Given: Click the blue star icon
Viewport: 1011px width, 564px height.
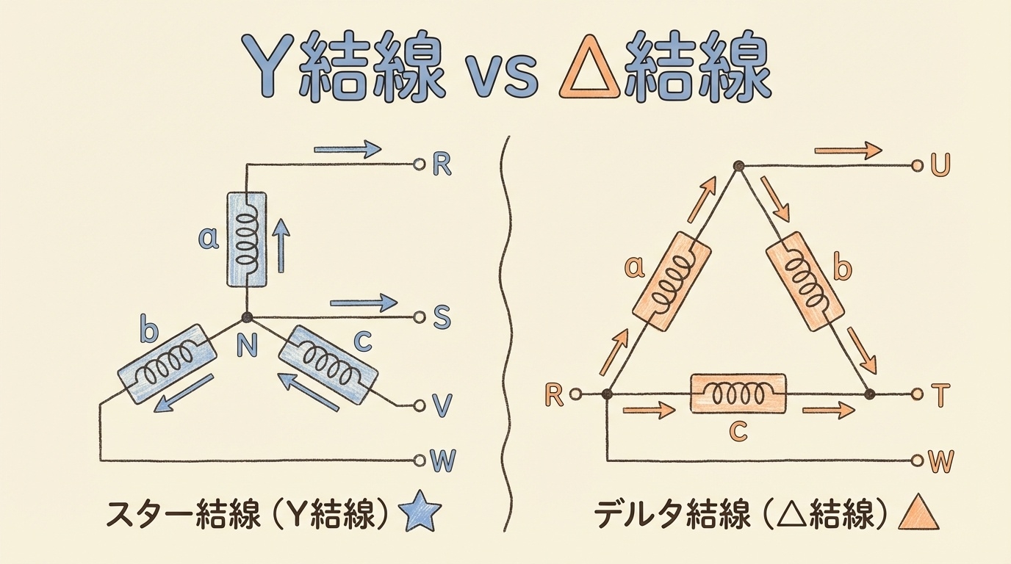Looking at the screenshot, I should point(423,513).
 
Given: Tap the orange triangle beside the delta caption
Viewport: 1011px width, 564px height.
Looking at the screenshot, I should point(919,513).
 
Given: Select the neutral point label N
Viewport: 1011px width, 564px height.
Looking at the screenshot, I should point(247,347).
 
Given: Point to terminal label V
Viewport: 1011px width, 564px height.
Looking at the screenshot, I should point(442,405).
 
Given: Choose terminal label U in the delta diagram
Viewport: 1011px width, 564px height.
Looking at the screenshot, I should point(940,165).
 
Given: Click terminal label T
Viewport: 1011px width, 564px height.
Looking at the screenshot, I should point(940,396).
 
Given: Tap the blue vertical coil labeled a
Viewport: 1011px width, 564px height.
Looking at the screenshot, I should point(246,239).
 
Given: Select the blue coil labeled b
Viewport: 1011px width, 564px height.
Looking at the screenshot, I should point(168,364).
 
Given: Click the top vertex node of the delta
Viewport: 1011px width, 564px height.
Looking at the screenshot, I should point(739,166).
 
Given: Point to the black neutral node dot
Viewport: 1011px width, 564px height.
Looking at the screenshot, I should point(247,317).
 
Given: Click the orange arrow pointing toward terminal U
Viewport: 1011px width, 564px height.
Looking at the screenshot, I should point(848,151).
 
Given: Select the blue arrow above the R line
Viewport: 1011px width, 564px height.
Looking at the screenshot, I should point(348,149).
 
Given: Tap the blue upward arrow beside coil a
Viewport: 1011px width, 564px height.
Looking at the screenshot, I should point(282,247).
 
